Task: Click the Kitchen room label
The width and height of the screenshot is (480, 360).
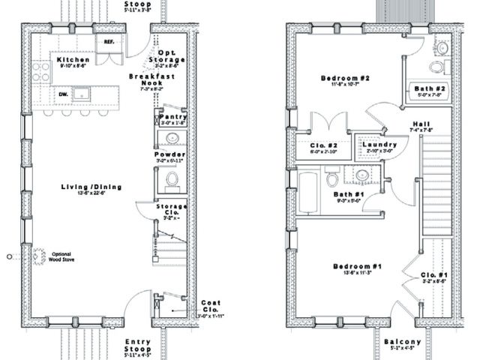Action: tap(73, 59)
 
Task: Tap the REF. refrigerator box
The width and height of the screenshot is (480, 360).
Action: tap(109, 43)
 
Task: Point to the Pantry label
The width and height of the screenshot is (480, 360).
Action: tap(172, 116)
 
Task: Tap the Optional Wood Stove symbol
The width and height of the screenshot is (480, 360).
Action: tap(35, 256)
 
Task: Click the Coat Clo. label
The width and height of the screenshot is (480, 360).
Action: tap(209, 305)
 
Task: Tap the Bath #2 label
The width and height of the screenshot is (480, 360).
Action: tap(430, 88)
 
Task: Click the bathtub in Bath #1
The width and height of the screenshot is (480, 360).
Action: tap(309, 181)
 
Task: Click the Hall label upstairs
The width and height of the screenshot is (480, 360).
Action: tap(420, 124)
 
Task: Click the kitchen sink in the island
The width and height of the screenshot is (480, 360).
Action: tap(82, 94)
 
